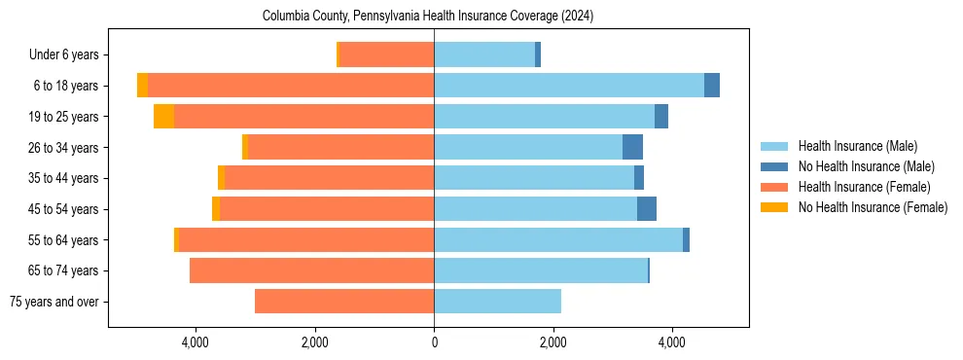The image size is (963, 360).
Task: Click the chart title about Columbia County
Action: (428, 17)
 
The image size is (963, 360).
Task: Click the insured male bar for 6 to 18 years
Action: (569, 86)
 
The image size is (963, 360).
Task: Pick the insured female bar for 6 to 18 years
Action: (291, 86)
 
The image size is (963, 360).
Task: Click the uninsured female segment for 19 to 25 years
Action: (163, 117)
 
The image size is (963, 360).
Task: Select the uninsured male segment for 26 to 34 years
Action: (632, 148)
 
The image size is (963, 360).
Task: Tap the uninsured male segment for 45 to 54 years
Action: (647, 209)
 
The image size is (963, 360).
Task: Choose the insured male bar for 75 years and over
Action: (497, 302)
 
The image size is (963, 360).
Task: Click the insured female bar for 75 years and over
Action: (344, 302)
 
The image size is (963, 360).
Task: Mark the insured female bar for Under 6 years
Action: (386, 55)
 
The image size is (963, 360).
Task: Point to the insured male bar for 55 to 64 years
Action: (558, 240)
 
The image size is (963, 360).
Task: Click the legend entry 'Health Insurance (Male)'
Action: (857, 146)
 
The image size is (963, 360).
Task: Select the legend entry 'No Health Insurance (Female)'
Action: (873, 207)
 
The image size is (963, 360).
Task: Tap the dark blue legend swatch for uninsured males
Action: (774, 166)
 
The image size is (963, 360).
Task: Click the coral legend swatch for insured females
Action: (774, 187)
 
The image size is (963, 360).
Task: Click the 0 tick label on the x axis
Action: (434, 342)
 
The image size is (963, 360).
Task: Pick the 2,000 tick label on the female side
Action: (314, 342)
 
